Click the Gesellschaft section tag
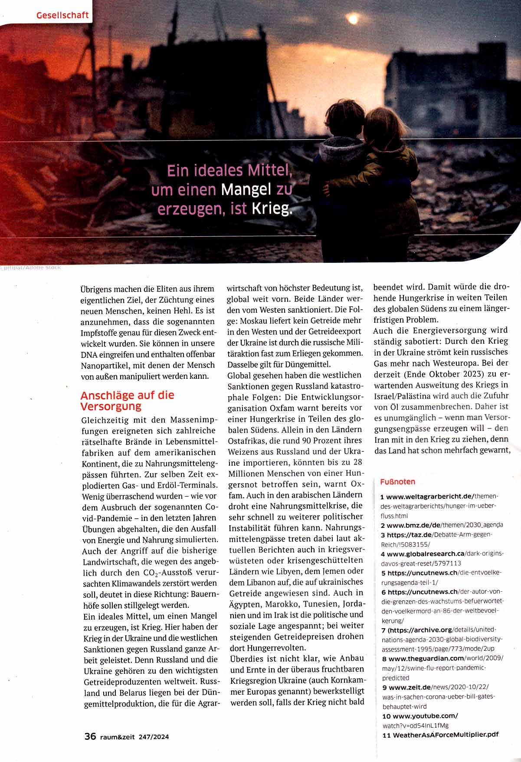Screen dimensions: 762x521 pyautogui.click(x=62, y=15)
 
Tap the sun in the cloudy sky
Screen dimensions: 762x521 pyautogui.click(x=353, y=19)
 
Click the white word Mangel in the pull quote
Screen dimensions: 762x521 pyautogui.click(x=246, y=190)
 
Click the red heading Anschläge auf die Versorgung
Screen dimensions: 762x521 pyautogui.click(x=127, y=401)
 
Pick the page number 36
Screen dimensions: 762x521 pyautogui.click(x=90, y=736)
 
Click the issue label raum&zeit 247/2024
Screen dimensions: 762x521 pyautogui.click(x=134, y=737)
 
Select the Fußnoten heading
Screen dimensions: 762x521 pyautogui.click(x=397, y=481)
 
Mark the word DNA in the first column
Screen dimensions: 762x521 pyautogui.click(x=89, y=354)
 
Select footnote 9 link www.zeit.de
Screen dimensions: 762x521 pyautogui.click(x=413, y=687)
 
